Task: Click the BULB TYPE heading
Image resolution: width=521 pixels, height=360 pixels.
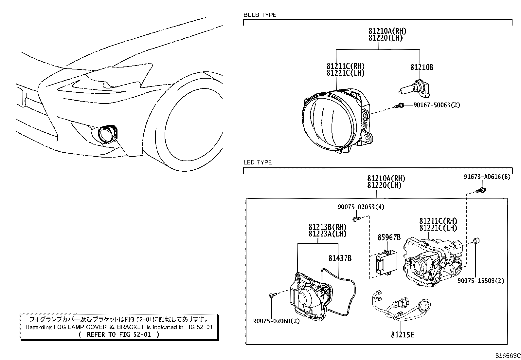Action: (260, 15)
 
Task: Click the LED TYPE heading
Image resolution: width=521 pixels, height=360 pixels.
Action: (258, 162)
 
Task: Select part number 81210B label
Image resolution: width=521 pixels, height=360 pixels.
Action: (422, 67)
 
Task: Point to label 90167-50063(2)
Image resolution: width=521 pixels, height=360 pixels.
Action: (437, 105)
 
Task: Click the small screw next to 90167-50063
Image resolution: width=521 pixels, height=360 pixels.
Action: (400, 105)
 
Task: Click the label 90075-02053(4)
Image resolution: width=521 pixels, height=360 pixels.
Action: (361, 207)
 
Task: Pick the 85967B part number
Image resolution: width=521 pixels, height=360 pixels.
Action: (389, 237)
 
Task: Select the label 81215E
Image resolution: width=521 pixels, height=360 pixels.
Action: (402, 335)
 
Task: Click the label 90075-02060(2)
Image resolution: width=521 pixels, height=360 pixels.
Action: (276, 321)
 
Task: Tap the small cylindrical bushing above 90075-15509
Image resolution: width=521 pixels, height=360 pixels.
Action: (477, 241)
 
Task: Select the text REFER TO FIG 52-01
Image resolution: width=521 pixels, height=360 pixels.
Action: (119, 335)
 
